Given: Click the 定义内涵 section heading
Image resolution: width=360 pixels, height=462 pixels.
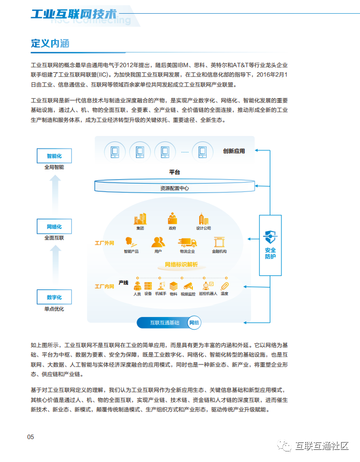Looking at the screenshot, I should click(50, 43).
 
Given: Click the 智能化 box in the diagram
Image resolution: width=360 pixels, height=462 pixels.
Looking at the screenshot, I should click(54, 156).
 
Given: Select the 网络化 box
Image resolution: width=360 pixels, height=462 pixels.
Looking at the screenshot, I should click(54, 226).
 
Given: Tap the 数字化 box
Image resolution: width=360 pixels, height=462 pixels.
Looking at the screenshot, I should click(54, 297).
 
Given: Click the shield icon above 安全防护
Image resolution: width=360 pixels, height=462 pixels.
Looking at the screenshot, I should click(270, 236).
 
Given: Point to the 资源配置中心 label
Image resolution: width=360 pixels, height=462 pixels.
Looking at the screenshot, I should click(174, 188).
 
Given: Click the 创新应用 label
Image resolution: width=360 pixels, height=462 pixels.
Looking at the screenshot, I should click(234, 151).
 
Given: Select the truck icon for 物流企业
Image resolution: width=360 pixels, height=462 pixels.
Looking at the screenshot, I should click(187, 243).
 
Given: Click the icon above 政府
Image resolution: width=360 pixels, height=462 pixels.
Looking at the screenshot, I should click(172, 218).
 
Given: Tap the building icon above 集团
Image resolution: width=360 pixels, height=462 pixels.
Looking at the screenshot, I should click(140, 218).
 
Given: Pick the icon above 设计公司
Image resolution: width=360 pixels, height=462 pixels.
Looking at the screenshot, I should click(203, 218).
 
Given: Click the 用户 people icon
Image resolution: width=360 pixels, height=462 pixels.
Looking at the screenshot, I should click(158, 243).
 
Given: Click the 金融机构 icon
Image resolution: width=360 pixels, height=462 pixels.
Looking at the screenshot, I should click(219, 243).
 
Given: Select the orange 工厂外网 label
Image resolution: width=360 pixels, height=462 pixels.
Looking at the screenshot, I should click(104, 244).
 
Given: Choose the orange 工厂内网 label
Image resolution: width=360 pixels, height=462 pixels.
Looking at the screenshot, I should click(104, 286).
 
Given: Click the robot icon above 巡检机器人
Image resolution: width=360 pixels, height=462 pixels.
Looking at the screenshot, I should click(211, 285).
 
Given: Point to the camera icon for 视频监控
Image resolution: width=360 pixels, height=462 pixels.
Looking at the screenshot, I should click(188, 285).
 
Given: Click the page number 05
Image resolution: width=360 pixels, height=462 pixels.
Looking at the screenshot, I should click(31, 437).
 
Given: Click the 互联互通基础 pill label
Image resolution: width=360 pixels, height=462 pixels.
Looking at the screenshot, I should click(164, 322).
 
